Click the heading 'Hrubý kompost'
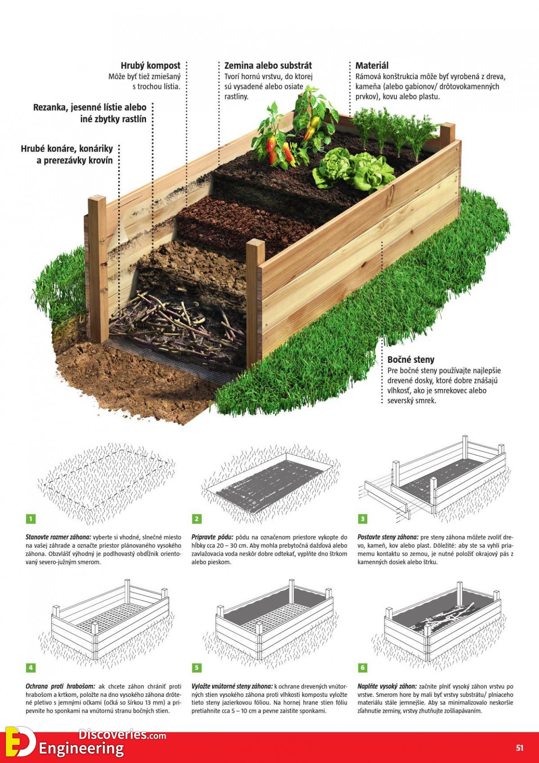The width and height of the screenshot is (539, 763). pyautogui.click(x=151, y=65)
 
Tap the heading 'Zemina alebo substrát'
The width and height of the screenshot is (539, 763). pyautogui.click(x=268, y=65)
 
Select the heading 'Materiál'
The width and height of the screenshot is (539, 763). pyautogui.click(x=372, y=65)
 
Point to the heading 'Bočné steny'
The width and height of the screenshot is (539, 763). pyautogui.click(x=411, y=360)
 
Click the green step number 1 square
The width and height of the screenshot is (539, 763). pyautogui.click(x=31, y=519)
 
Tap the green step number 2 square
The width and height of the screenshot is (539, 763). pyautogui.click(x=196, y=519)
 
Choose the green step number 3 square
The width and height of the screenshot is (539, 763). pyautogui.click(x=363, y=519)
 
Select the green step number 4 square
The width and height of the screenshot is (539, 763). pyautogui.click(x=31, y=668)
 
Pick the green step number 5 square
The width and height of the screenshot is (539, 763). pyautogui.click(x=196, y=668)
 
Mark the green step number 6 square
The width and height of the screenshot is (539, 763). pyautogui.click(x=363, y=668)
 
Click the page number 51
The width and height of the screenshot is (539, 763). pyautogui.click(x=519, y=748)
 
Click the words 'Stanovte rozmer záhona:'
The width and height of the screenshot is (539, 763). pyautogui.click(x=58, y=537)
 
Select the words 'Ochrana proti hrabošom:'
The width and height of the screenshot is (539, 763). pyautogui.click(x=61, y=687)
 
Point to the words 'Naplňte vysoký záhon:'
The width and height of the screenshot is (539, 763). pyautogui.click(x=387, y=687)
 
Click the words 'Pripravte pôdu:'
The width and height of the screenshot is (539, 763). pyautogui.click(x=213, y=537)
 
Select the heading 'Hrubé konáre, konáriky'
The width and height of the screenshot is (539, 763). pyautogui.click(x=67, y=149)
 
